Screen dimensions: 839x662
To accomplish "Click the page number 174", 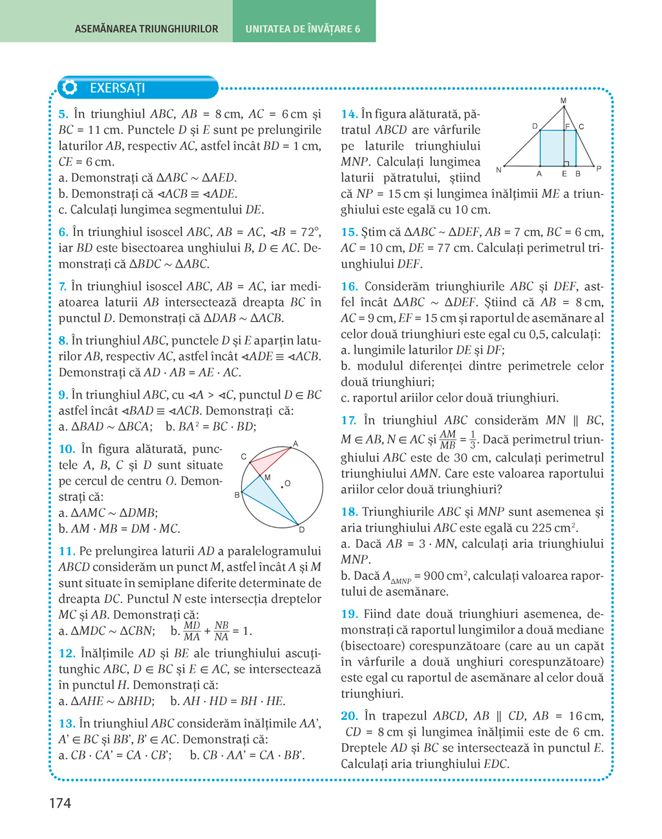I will (x=59, y=803).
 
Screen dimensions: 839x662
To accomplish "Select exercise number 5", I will (x=63, y=114).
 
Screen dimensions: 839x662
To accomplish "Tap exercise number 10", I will (x=67, y=449).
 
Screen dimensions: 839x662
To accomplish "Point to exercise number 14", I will (x=349, y=114).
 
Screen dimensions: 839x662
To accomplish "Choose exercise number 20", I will (x=349, y=716).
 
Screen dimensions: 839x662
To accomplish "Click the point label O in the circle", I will (x=288, y=483).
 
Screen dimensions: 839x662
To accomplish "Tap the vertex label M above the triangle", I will (x=563, y=101).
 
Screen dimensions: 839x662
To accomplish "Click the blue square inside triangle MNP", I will (x=557, y=148).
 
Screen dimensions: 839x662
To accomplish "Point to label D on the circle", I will (x=301, y=530).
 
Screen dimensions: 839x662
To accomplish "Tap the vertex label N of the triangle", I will (x=498, y=170).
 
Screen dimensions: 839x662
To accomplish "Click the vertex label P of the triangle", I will (x=599, y=169).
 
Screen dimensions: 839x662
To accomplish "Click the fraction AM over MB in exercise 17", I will (x=447, y=440).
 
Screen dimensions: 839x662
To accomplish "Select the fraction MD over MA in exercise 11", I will (x=192, y=631).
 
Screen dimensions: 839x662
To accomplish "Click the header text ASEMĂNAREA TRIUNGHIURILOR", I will (x=146, y=29).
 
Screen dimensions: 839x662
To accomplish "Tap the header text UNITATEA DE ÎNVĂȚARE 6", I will (x=303, y=29).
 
